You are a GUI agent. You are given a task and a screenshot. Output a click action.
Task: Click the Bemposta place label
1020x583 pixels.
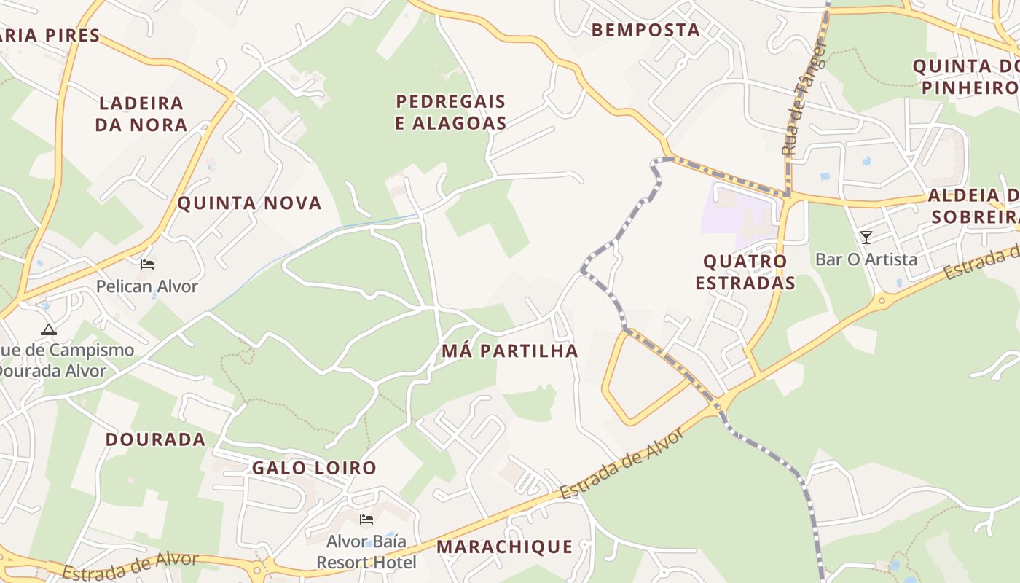(646, 30)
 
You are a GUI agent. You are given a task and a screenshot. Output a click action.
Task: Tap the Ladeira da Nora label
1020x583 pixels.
(141, 114)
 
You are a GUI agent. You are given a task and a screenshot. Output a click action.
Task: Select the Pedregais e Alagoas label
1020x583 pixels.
(450, 112)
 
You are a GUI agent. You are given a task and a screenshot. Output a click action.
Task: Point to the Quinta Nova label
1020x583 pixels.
(249, 203)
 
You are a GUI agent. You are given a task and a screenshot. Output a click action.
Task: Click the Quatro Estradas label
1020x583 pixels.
(745, 272)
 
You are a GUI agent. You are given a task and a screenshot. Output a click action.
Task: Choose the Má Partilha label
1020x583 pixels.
(510, 351)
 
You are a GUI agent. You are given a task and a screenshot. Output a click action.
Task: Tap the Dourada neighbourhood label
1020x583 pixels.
(155, 439)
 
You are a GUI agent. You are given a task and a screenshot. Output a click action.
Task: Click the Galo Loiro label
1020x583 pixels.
(314, 468)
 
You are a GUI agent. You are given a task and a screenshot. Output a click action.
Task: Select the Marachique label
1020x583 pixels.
(504, 547)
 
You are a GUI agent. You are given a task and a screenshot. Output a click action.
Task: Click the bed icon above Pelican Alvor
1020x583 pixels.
(147, 265)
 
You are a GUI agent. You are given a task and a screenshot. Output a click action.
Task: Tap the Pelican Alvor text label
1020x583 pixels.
(147, 286)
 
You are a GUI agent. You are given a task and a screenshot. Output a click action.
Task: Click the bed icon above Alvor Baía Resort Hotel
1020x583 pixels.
(366, 520)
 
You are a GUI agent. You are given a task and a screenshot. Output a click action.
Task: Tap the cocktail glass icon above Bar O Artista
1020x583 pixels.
(866, 238)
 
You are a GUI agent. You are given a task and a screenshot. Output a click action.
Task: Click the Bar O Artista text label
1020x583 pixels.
(866, 259)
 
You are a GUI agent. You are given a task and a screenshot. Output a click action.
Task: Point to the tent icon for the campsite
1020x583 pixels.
(48, 329)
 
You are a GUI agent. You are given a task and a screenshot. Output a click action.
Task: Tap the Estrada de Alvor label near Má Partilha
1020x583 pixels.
(623, 463)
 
